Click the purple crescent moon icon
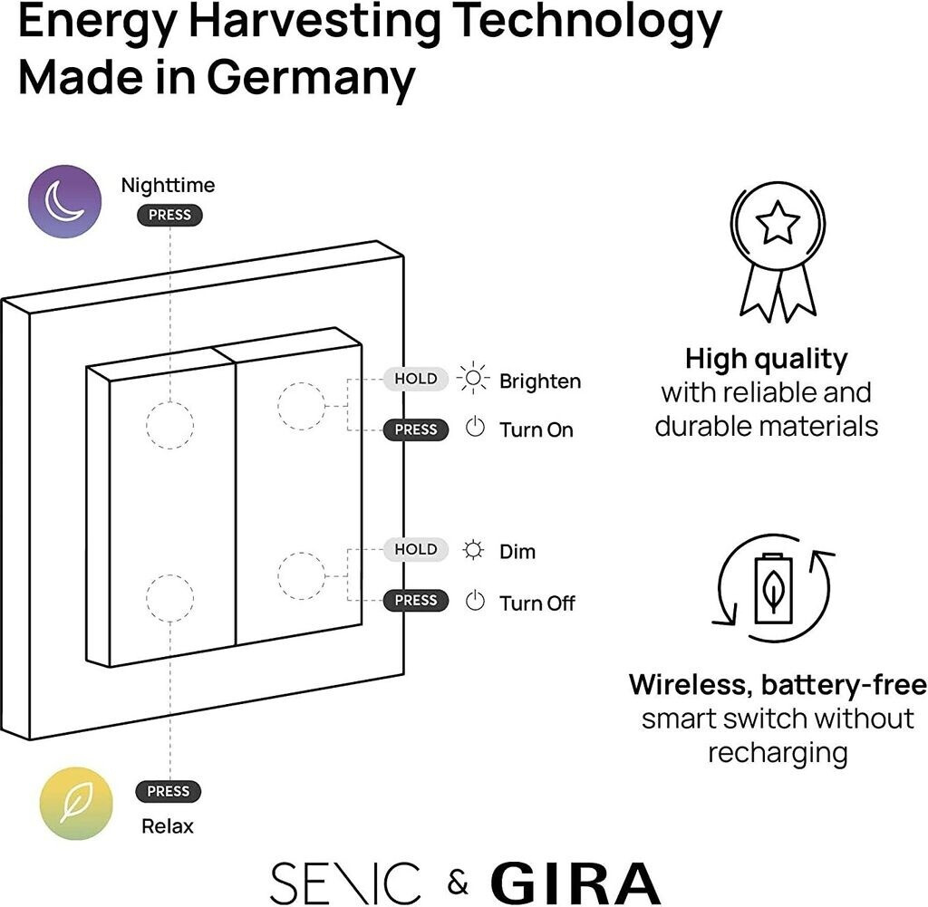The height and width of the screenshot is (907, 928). click(x=63, y=201)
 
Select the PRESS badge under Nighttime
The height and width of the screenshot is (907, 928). click(x=169, y=215)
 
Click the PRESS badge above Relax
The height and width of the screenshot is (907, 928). click(x=168, y=791)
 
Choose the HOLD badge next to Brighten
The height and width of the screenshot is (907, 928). click(x=416, y=379)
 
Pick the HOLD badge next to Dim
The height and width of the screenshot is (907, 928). click(x=416, y=549)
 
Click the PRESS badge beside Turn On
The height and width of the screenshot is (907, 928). click(x=416, y=429)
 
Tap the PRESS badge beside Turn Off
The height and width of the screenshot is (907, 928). click(x=416, y=600)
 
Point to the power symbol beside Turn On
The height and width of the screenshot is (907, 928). click(x=475, y=428)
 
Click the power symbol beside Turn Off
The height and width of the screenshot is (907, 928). click(x=475, y=600)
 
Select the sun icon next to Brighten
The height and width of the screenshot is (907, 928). click(x=473, y=379)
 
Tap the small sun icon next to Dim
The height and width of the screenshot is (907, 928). click(x=473, y=550)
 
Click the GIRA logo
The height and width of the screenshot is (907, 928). click(x=575, y=883)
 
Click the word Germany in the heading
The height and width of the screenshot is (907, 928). click(x=311, y=78)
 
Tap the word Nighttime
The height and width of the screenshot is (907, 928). click(x=169, y=186)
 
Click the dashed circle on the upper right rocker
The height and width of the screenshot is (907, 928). click(x=301, y=406)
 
